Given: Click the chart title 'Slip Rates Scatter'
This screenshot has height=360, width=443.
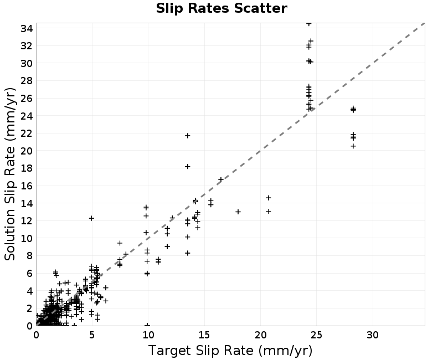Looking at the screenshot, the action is click(x=221, y=8).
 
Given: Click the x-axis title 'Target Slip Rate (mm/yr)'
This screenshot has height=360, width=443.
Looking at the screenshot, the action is click(x=230, y=351).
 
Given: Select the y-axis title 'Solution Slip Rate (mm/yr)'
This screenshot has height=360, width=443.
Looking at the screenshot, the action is click(x=10, y=174).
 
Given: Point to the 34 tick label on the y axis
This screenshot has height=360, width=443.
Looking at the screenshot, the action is click(x=27, y=28).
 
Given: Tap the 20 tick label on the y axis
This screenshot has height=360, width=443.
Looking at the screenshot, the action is click(x=27, y=151).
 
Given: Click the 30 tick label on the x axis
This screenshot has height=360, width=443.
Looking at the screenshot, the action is click(x=373, y=335).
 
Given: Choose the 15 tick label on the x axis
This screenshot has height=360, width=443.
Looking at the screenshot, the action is click(x=204, y=335).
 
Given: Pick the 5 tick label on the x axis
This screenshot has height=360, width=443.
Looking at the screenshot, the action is click(x=92, y=335).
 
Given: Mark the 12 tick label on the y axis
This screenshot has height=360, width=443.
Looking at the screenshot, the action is click(x=27, y=220).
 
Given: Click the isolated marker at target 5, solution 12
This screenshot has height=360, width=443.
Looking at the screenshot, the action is click(x=91, y=218).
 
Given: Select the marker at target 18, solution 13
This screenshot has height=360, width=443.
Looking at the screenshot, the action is click(x=238, y=212).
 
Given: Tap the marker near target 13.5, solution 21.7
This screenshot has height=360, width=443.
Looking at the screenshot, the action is click(x=187, y=136).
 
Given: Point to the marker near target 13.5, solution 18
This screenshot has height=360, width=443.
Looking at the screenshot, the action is click(x=187, y=167).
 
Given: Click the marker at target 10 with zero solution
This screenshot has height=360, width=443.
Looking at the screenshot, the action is click(x=147, y=325).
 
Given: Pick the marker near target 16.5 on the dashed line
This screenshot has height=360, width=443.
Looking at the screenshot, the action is click(x=220, y=179).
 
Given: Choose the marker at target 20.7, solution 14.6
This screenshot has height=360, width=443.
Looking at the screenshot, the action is click(x=269, y=198).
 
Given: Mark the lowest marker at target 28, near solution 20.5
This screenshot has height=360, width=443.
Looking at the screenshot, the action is click(x=353, y=146).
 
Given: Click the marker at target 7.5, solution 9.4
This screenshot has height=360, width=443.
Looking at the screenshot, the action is click(x=120, y=243).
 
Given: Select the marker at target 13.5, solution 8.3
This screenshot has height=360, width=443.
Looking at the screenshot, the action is click(x=187, y=253).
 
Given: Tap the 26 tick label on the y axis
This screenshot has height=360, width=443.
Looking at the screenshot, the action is click(x=27, y=99).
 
